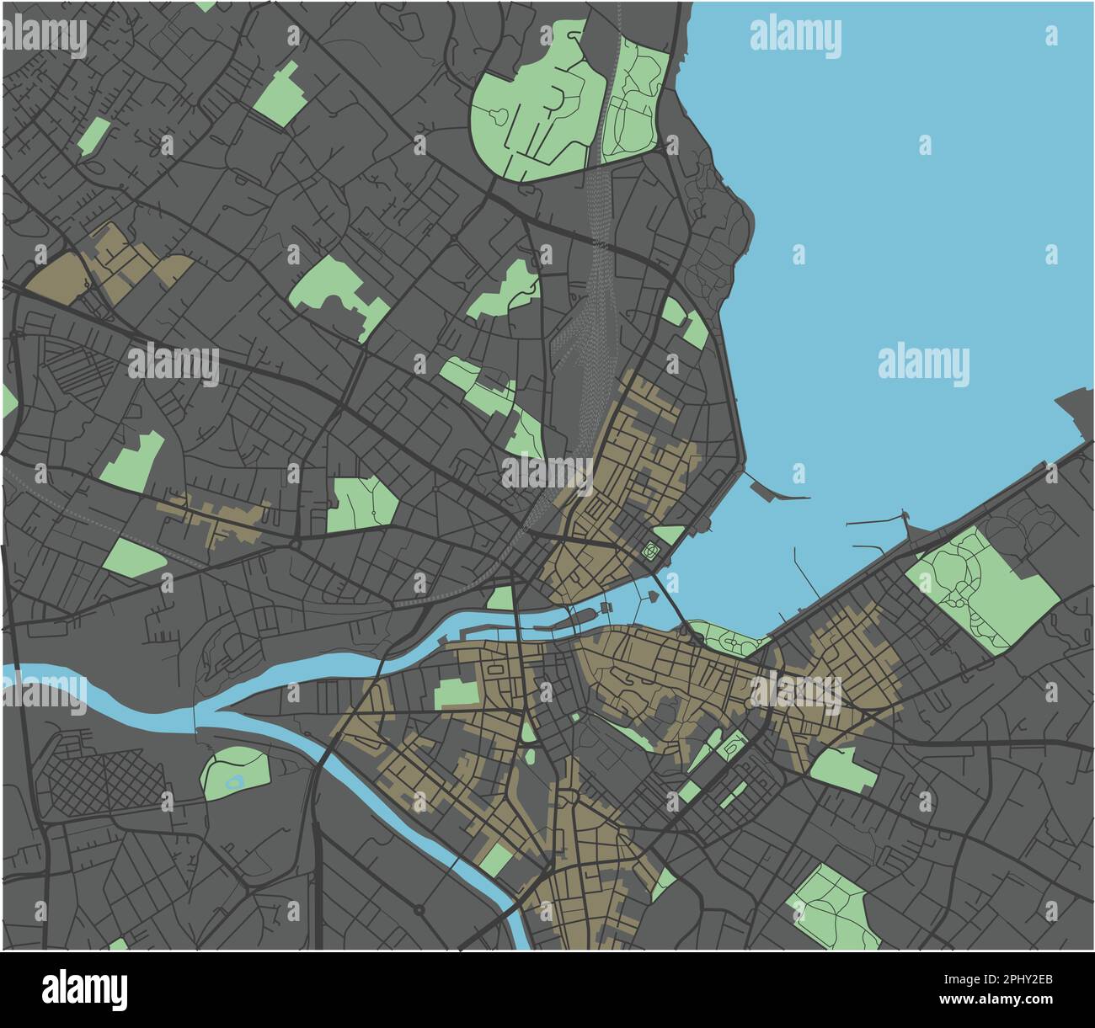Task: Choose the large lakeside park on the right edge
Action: (981, 589)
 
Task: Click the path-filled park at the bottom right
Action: (834, 908)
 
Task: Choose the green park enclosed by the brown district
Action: (455, 692)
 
